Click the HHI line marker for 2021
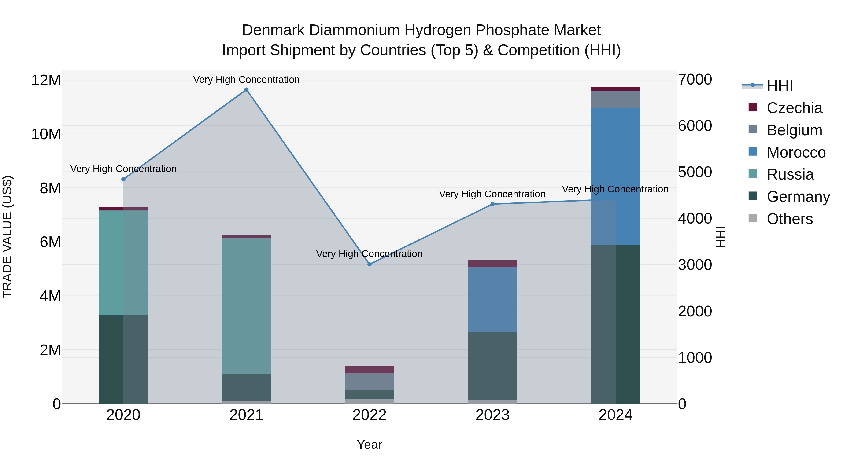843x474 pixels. [246, 90]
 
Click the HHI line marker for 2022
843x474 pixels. [370, 264]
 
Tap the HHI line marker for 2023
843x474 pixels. [492, 204]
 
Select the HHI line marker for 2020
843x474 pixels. [123, 179]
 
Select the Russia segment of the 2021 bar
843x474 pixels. [246, 306]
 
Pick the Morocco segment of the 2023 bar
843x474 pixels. [492, 299]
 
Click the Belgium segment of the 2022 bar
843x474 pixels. [370, 382]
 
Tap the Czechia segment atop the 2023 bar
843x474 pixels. [492, 264]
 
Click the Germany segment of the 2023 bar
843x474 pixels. [492, 366]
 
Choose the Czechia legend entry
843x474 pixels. [794, 108]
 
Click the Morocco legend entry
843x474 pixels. [796, 152]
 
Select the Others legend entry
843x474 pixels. [789, 219]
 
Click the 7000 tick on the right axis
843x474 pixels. [695, 80]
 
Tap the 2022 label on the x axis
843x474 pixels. [370, 415]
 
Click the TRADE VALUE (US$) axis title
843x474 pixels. [7, 237]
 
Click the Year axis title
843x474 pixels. [370, 445]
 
